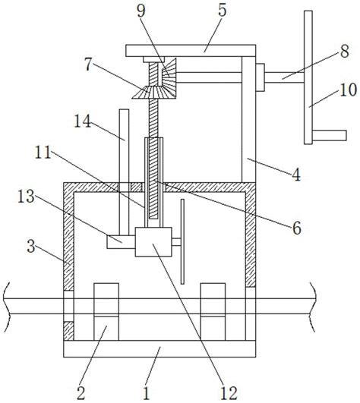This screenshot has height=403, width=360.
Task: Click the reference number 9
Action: (141, 11)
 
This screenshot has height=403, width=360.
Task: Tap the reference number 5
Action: (223, 11)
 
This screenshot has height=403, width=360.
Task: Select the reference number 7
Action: (88, 65)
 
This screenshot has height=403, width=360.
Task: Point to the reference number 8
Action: (345, 51)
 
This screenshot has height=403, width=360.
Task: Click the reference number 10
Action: (348, 90)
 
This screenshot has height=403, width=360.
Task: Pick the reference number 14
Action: (83, 121)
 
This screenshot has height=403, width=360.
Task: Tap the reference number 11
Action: (43, 153)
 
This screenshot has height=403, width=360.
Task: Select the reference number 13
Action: (26, 197)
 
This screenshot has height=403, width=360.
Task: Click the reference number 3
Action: (31, 247)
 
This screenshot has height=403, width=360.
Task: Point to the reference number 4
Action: (296, 175)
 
